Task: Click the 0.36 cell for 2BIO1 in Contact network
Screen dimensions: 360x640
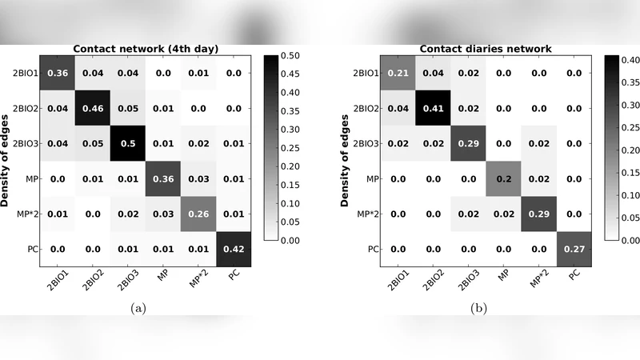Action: (x=57, y=73)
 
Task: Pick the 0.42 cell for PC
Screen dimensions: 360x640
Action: (x=234, y=249)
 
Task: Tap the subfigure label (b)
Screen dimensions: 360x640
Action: (x=478, y=306)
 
